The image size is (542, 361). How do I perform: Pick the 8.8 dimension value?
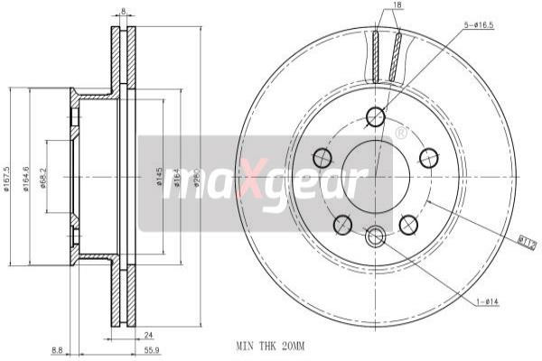click(57, 351)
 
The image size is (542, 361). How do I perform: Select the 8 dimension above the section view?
click(124, 11)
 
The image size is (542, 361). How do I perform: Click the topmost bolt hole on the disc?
click(377, 116)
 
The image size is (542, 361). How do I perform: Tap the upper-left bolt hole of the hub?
click(322, 157)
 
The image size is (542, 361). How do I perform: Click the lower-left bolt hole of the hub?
click(343, 224)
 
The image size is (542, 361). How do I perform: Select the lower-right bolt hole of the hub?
click(408, 224)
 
